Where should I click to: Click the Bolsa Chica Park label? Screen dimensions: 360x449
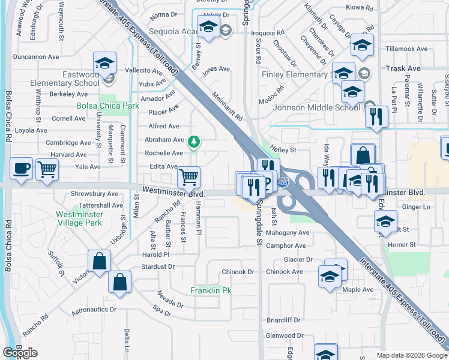coord(107,106)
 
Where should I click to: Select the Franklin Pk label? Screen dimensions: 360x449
coord(211,290)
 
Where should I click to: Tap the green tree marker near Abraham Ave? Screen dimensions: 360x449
coord(193,142)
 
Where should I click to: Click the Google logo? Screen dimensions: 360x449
coord(20,353)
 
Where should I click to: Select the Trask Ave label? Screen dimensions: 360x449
coord(403,69)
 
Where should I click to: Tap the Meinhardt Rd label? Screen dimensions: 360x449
coord(226,105)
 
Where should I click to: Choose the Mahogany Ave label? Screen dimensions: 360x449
coord(288,233)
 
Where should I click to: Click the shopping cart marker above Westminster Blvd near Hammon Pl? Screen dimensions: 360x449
coord(189,178)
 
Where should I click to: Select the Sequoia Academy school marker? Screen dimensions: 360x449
coord(208,28)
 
